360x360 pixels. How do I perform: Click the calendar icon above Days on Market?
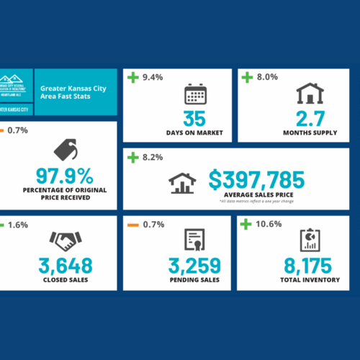tap(194, 95)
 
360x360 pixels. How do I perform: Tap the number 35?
tap(194, 119)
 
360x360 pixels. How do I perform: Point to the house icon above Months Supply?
tap(310, 94)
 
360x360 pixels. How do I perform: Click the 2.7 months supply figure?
tap(310, 119)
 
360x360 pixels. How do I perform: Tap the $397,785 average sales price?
tap(257, 180)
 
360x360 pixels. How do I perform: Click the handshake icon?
tap(64, 240)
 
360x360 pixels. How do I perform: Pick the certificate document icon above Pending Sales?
tap(194, 240)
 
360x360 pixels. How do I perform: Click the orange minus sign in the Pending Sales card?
tap(132, 225)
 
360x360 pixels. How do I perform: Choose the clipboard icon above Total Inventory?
tap(309, 240)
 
